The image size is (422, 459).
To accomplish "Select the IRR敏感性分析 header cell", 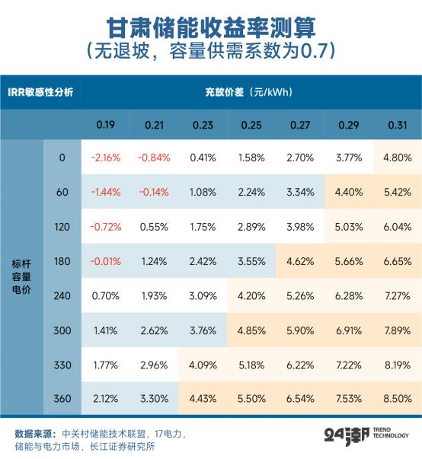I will click(x=41, y=92).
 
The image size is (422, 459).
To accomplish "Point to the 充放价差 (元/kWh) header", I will click(x=248, y=92).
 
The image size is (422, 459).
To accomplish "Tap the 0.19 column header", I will click(x=105, y=125).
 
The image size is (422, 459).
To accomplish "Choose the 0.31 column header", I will click(x=396, y=125).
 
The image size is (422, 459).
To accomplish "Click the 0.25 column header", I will click(x=251, y=125).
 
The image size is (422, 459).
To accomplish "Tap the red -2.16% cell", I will click(x=105, y=158).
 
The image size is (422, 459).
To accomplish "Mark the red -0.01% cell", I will click(x=105, y=260).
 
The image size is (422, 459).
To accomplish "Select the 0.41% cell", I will click(x=202, y=158).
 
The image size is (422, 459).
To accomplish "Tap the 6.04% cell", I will click(x=396, y=226).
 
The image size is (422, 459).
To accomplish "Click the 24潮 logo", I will click(x=341, y=437).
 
